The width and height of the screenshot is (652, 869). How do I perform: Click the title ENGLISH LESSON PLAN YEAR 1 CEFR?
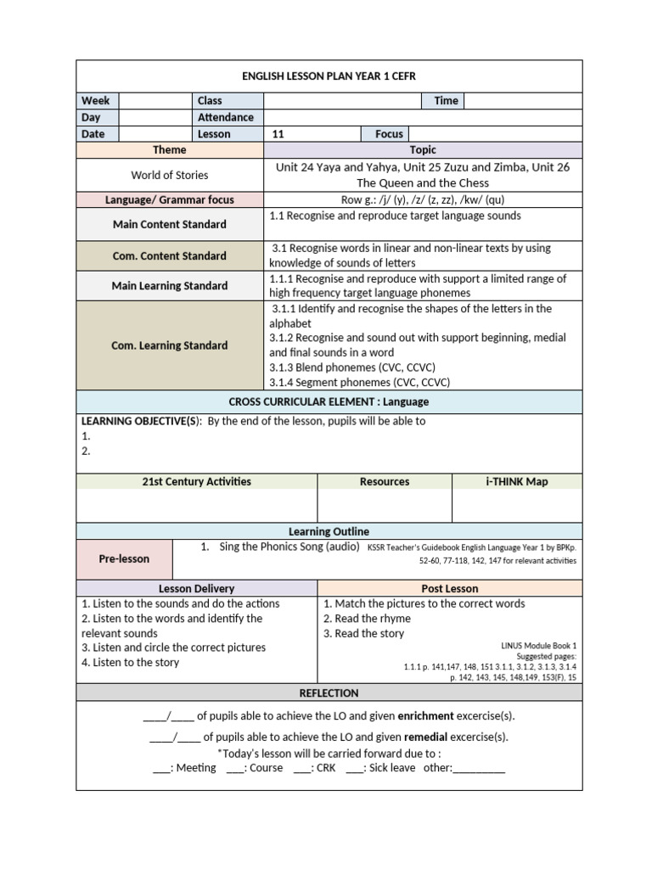point(329,76)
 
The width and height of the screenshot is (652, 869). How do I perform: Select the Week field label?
point(96,101)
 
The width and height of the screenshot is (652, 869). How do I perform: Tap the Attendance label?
point(226,117)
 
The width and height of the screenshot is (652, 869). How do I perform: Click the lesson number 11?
point(278,134)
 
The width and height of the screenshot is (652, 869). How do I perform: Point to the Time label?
point(446,101)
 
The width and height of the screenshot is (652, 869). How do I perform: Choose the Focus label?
point(390,134)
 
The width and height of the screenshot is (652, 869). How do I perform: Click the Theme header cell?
point(170,150)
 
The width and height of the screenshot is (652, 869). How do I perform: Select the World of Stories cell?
point(170,175)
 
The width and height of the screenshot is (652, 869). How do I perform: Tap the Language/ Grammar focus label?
point(170,200)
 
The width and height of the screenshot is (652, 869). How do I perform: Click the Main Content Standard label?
point(170,225)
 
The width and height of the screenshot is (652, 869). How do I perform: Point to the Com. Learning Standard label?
point(170,345)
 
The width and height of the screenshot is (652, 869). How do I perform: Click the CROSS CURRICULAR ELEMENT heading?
point(329,401)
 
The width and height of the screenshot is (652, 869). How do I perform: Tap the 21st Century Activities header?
point(196,482)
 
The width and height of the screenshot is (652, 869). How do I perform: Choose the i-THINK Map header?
point(516,482)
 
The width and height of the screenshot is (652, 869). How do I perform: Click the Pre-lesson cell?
point(124,559)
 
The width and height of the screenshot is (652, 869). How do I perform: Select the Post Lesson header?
point(450,588)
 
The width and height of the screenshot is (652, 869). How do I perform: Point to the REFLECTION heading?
point(329,693)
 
